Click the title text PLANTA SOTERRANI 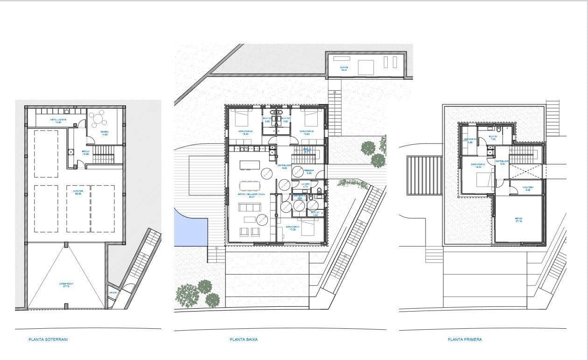[48, 339]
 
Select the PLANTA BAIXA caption [244, 339]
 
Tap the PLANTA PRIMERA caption [464, 339]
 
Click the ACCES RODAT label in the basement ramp [65, 284]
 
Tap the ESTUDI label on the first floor [518, 219]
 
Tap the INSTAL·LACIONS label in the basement [58, 120]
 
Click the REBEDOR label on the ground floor [309, 171]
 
